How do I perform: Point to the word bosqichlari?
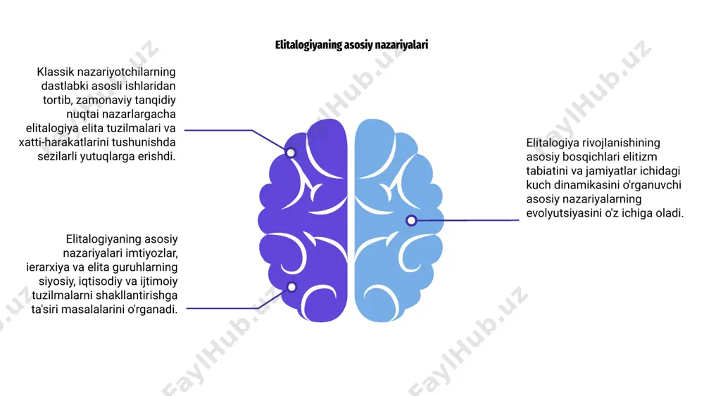coord(594,157)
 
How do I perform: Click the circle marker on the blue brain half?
coord(411,220)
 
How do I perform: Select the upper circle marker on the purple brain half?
coord(291,153)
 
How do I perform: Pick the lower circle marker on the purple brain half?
coord(292,287)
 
